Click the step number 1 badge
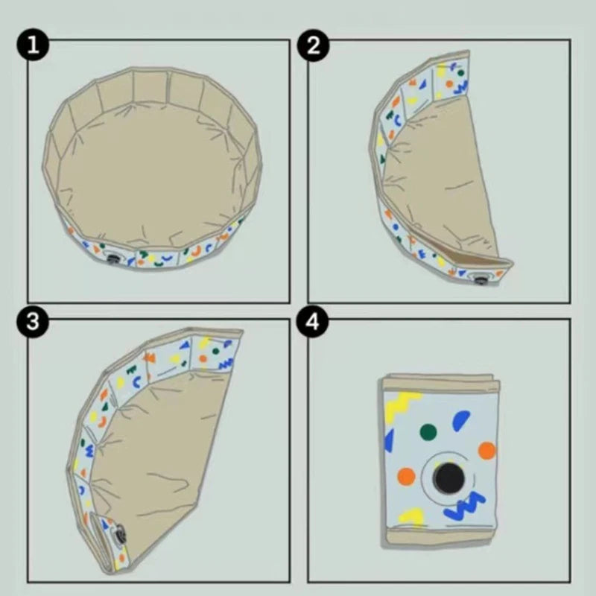point(33,45)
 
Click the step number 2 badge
point(313,45)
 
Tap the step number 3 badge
point(33,322)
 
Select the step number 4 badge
point(312,322)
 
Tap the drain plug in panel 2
point(480,280)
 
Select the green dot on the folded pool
point(428,432)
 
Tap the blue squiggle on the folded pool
point(465,507)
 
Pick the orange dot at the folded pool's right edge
point(487,451)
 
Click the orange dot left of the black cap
point(406,477)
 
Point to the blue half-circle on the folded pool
point(460,420)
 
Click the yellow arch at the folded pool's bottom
point(412,515)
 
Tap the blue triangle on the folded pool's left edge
point(389,440)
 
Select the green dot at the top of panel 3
point(216,351)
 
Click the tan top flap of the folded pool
point(441,383)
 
